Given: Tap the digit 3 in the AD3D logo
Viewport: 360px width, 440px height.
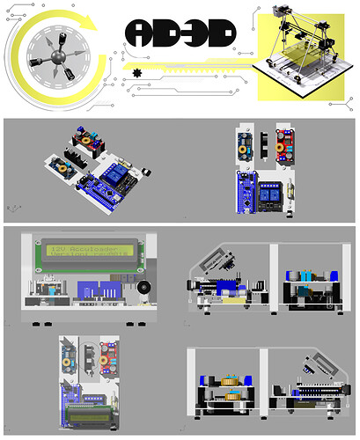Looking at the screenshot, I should [x=195, y=33].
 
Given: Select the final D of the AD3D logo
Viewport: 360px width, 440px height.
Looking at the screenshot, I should [x=221, y=33].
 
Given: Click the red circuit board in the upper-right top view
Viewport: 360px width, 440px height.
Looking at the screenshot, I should [x=285, y=142].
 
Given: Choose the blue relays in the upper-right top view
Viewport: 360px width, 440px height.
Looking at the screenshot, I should [x=274, y=193].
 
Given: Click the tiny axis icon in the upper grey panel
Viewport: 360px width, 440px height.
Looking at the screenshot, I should [x=11, y=207].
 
